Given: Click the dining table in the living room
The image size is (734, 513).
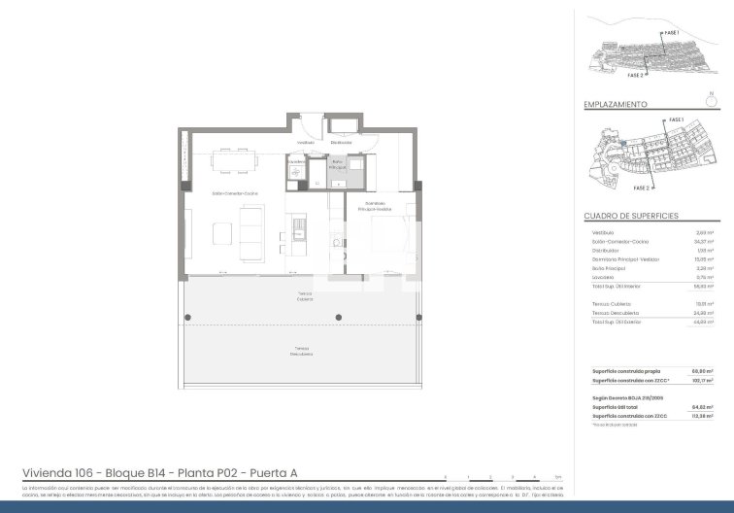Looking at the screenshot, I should [x=231, y=153].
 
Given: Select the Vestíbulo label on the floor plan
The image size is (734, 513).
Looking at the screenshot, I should [x=304, y=142].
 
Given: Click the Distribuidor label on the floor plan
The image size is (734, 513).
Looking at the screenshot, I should [x=340, y=142].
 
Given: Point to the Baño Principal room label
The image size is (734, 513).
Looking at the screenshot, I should [x=337, y=166].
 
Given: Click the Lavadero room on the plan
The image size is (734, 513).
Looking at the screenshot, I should [x=296, y=169].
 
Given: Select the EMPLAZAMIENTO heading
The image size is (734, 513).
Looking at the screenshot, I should [x=616, y=103].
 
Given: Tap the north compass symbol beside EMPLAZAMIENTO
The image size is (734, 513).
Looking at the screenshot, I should [x=712, y=97].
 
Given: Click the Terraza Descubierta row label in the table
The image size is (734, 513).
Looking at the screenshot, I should [x=614, y=313].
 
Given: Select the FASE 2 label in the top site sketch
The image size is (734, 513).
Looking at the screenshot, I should [x=636, y=75].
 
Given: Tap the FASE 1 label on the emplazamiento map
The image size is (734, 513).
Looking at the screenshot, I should [x=678, y=120].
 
